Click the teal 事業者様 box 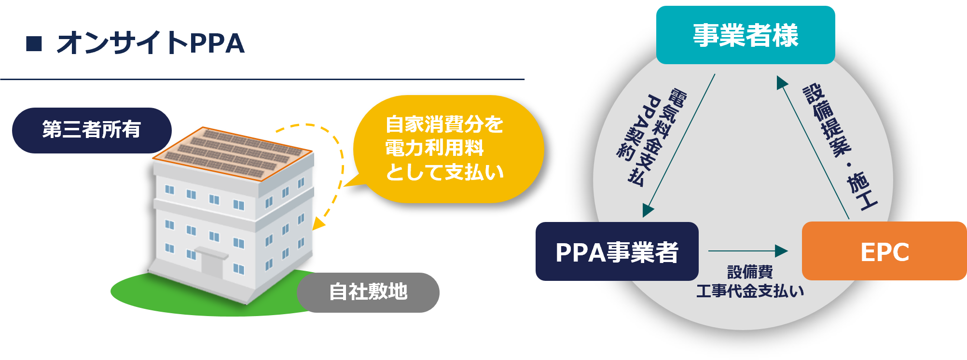click(745, 35)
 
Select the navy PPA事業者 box click(617, 251)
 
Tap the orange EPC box click(884, 251)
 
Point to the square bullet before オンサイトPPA click(34, 43)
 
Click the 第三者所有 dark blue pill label click(92, 130)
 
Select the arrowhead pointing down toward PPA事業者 click(648, 210)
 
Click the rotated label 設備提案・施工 click(840, 147)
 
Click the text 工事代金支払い click(750, 291)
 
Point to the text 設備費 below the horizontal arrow click(750, 272)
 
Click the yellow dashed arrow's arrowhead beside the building click(318, 223)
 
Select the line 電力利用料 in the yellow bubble click(434, 148)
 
